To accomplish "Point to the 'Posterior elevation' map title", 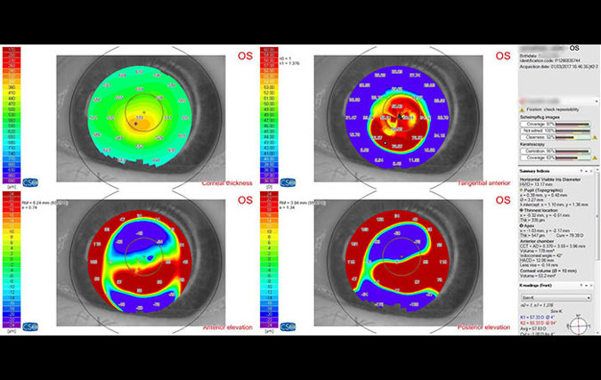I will (484, 327).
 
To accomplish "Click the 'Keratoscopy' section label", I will (535, 141).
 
